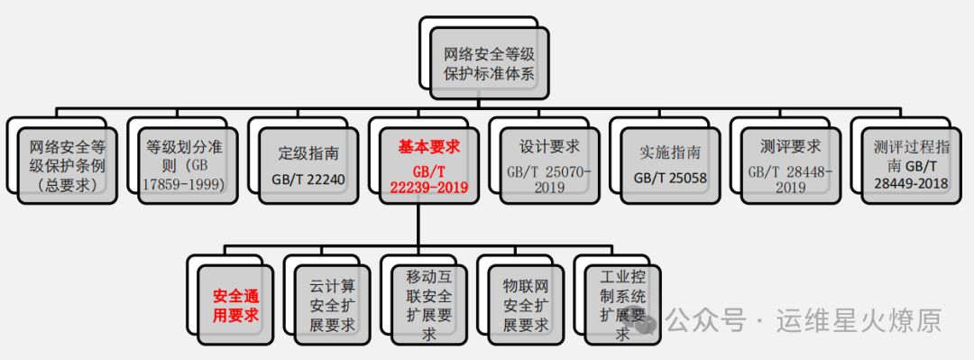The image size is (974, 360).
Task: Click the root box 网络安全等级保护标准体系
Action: [x=489, y=63]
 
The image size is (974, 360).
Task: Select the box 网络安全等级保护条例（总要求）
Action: [x=67, y=166]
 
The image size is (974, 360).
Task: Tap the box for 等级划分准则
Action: [x=188, y=166]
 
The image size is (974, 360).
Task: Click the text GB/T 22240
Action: [x=308, y=179]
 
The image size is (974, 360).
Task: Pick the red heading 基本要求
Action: [x=428, y=148]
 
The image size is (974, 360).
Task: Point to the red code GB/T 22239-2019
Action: [x=428, y=179]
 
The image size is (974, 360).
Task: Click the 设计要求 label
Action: [x=549, y=147]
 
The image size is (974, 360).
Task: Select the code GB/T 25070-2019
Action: [x=549, y=179]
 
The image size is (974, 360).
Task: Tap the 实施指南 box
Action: [x=669, y=166]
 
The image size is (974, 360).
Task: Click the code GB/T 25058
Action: [x=669, y=179]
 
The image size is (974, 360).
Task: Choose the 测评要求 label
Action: [x=790, y=147]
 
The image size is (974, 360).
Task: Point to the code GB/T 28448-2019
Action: [x=790, y=179]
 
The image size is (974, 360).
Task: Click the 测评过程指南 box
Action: [x=911, y=166]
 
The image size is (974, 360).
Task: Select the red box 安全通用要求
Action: [x=235, y=305]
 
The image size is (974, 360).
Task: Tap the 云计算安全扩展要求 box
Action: [x=332, y=305]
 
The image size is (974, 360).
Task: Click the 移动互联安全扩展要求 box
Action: [x=429, y=305]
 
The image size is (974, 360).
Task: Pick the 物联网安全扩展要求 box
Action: [x=526, y=305]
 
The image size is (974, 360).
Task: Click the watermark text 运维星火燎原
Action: [x=859, y=321]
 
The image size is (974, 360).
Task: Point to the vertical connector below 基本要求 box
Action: [x=418, y=225]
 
